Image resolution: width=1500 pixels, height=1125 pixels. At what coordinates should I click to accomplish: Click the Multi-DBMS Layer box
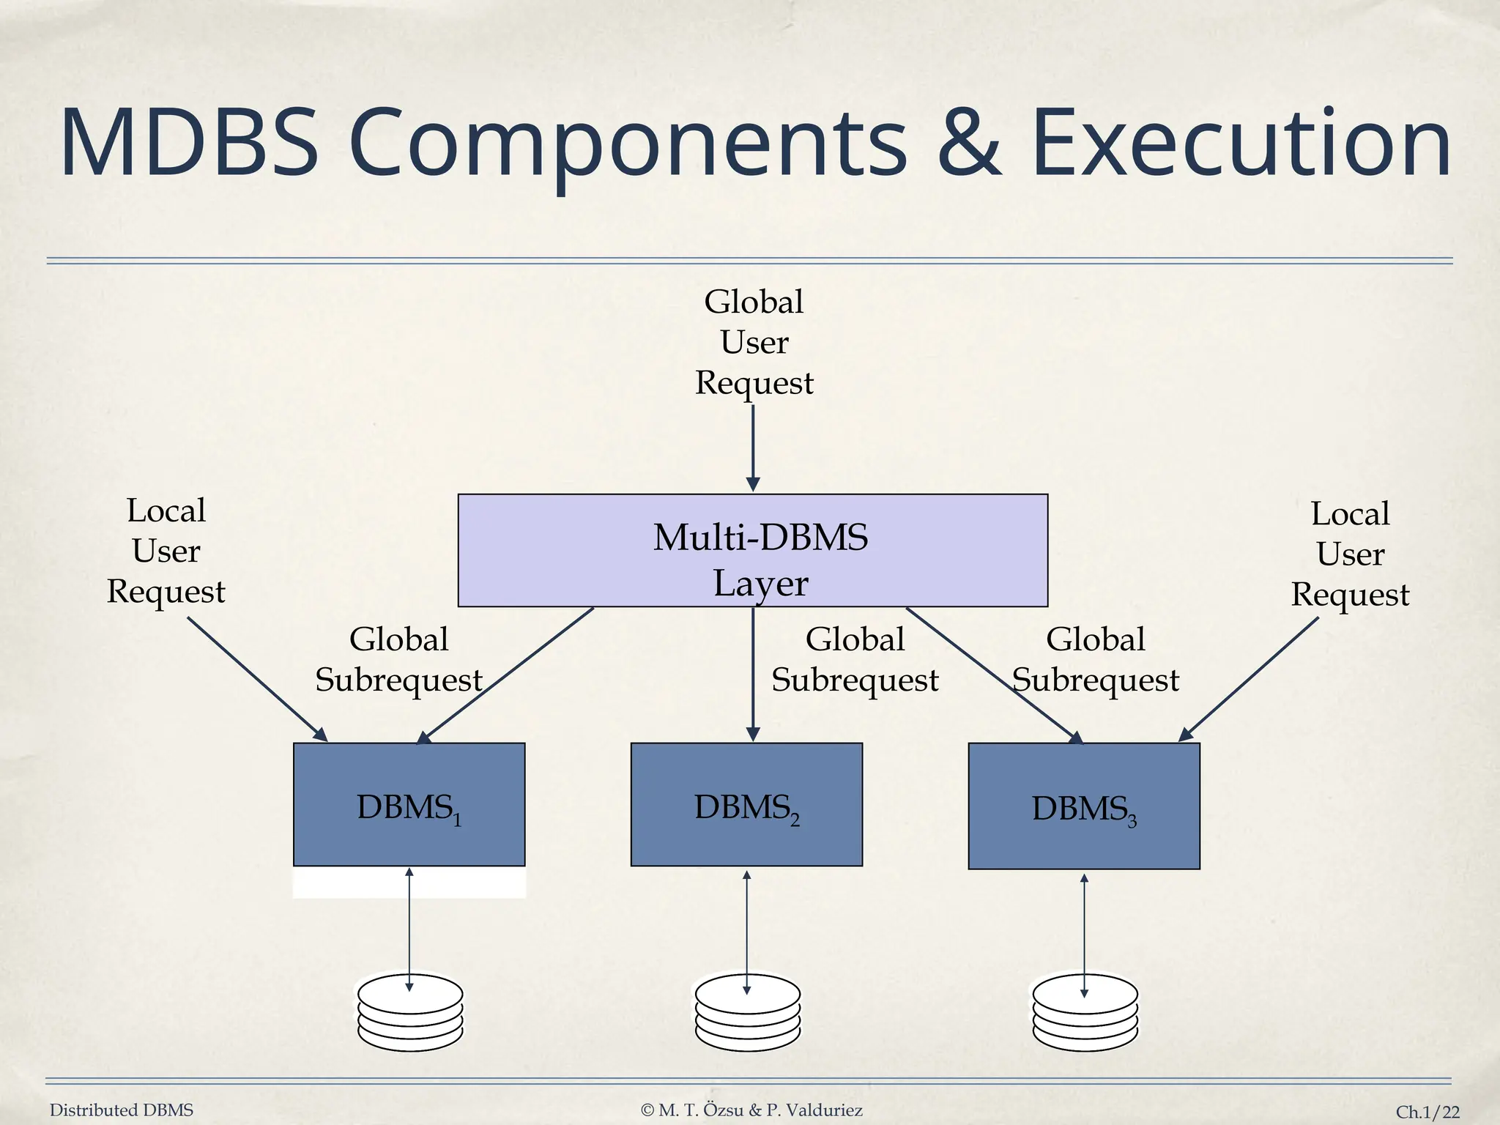pyautogui.click(x=753, y=550)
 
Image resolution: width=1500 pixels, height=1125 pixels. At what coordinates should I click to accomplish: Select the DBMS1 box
pyautogui.click(x=409, y=804)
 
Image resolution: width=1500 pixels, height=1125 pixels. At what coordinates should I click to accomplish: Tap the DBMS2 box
pyautogui.click(x=746, y=804)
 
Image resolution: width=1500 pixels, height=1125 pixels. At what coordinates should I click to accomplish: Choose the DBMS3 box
pyautogui.click(x=1084, y=806)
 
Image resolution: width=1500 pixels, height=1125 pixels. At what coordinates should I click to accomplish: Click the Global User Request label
pyautogui.click(x=754, y=342)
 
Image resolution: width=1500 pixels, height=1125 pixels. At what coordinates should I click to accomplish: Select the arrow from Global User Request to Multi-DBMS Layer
pyautogui.click(x=753, y=447)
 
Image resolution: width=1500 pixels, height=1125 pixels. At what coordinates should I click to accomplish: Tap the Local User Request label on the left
pyautogui.click(x=166, y=551)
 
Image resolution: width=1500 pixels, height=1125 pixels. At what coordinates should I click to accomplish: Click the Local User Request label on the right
pyautogui.click(x=1350, y=554)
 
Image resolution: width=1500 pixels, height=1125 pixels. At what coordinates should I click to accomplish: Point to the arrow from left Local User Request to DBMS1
pyautogui.click(x=256, y=678)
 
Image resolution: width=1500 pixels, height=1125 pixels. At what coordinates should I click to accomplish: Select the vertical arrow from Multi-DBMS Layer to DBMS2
pyautogui.click(x=753, y=674)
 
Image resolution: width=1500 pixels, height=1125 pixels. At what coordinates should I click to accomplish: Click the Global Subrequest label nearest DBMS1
pyautogui.click(x=398, y=659)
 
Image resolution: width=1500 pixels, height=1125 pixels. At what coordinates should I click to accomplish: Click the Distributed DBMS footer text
pyautogui.click(x=122, y=1110)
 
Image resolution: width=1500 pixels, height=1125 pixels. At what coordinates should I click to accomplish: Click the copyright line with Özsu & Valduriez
pyautogui.click(x=751, y=1110)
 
